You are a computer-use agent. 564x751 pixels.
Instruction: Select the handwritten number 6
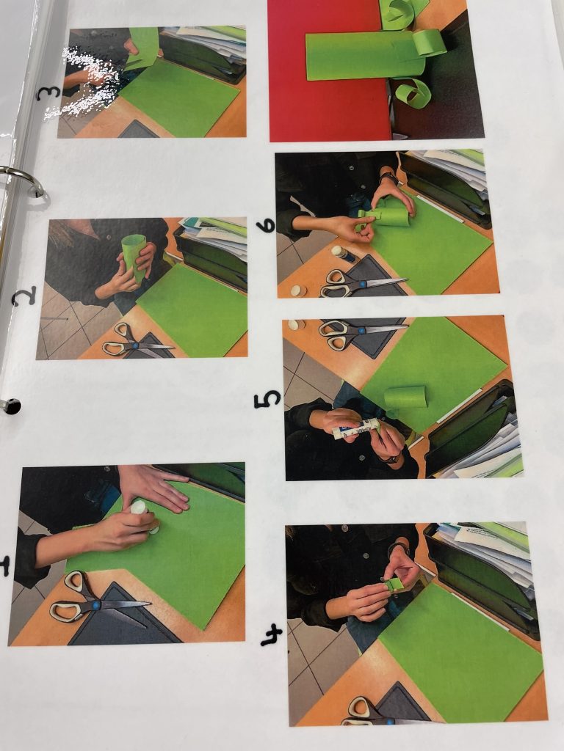pos(267,224)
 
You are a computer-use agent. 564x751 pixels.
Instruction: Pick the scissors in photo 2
pos(136,341)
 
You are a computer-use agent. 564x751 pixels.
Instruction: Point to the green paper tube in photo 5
pos(405,398)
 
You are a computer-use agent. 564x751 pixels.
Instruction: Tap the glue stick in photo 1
pos(145,516)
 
